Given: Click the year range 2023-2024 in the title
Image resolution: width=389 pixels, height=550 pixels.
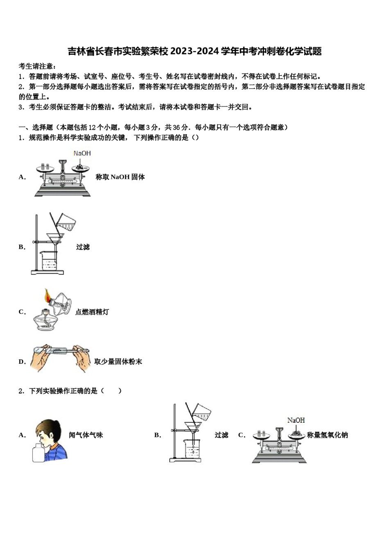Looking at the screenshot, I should coord(194,52).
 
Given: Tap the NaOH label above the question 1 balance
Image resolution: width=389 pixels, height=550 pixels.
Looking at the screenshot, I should coord(82,153).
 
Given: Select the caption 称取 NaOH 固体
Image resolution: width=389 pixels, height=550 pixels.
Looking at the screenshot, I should coord(120,177).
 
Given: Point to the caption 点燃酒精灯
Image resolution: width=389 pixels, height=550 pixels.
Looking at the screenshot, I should coord(92,312).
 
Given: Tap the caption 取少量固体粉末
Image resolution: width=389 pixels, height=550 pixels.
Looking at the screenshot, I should coord(118,362).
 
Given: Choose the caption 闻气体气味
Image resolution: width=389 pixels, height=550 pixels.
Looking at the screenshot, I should coord(86,435).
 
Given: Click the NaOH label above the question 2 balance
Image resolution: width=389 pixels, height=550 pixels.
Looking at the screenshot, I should coord(296,420).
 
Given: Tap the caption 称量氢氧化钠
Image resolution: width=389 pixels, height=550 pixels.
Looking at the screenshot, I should coord(327,435).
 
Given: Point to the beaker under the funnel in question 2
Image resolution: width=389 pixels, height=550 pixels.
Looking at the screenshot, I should coord(192,449).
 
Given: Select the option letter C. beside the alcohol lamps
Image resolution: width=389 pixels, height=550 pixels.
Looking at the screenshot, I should coord(22,312).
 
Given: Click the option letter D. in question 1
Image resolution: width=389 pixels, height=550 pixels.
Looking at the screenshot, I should coord(22,362).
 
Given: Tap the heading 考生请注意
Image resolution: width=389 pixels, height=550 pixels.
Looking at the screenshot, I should coord(37,66).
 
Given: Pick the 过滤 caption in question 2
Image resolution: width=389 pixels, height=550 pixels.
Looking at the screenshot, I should coord(221,435).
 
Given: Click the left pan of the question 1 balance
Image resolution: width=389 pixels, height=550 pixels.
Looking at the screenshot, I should coord(45,168).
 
